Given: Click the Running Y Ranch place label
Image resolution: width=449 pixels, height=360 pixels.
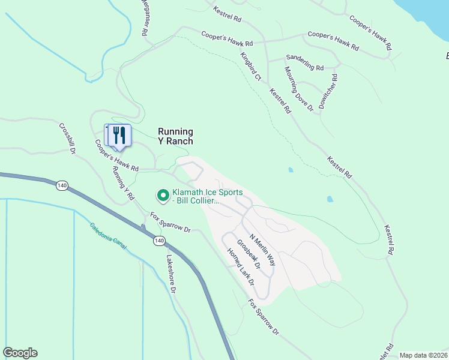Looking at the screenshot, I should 175,136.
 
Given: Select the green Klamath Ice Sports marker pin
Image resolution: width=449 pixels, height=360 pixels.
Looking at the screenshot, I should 162,195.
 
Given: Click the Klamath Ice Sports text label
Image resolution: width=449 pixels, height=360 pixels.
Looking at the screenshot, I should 207,197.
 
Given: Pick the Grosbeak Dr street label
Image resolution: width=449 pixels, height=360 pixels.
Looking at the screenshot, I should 249,254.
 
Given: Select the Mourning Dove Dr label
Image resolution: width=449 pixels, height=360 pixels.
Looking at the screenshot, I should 299,89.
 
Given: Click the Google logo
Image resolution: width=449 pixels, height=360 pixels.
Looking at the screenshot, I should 20,353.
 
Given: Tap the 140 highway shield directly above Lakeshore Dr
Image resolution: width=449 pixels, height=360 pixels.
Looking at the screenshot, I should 158,241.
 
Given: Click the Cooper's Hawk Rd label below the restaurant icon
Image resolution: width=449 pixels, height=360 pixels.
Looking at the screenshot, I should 116,155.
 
